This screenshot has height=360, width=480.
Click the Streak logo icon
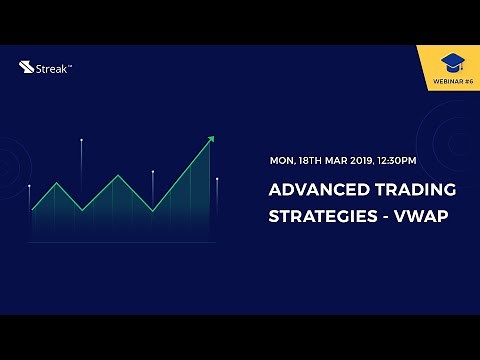click(x=26, y=68)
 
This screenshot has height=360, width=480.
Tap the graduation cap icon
click(x=453, y=63)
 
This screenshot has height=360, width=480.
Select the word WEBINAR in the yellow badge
click(x=444, y=81)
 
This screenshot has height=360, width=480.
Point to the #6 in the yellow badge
click(x=467, y=81)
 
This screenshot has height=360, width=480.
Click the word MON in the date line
click(x=282, y=160)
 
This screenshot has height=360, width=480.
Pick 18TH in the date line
click(x=315, y=160)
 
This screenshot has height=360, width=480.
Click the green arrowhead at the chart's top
click(x=209, y=141)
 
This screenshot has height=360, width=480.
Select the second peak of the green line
click(x=118, y=176)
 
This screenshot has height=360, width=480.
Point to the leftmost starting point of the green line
click(x=32, y=210)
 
